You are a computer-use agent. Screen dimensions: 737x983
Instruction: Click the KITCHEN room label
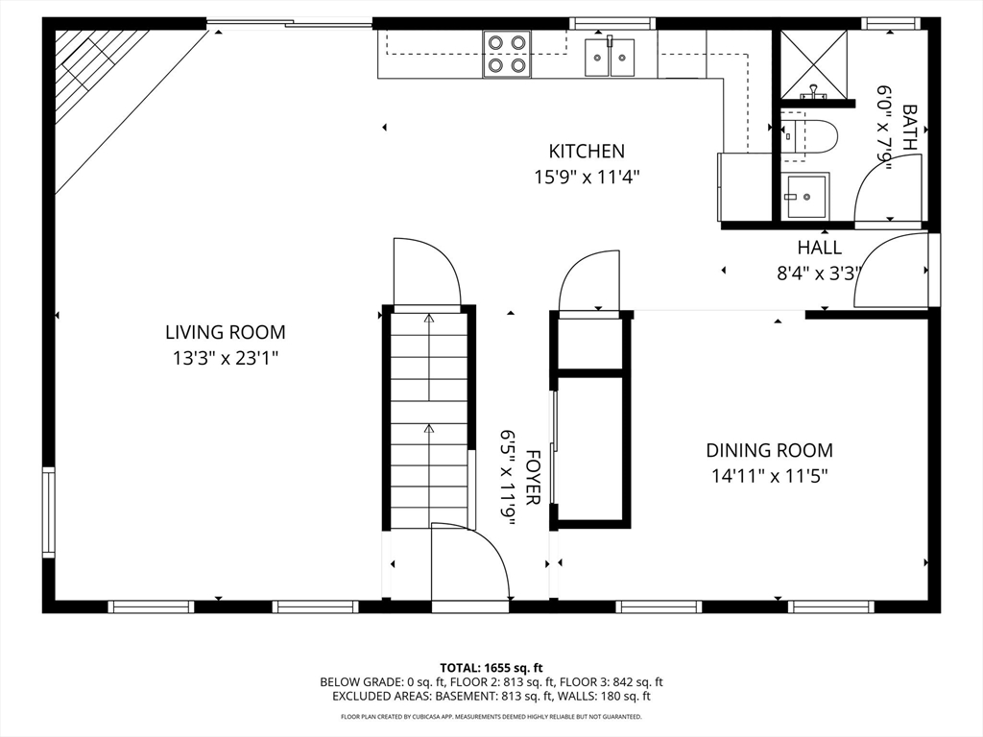point(587,151)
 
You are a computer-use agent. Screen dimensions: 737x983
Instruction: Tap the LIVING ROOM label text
point(226,333)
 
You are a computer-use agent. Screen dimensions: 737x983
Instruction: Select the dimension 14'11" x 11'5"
point(769,475)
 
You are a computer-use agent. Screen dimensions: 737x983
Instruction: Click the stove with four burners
point(507,54)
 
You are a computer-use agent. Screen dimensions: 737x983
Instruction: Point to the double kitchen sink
point(610,57)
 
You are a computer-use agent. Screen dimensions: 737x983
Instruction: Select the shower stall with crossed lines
point(813,63)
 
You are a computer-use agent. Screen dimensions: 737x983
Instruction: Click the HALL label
point(819,248)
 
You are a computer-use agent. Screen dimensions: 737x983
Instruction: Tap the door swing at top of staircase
point(427,273)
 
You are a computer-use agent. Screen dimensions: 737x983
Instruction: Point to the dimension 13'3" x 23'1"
point(226,359)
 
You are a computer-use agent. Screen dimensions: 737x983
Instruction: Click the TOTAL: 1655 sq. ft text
point(491,667)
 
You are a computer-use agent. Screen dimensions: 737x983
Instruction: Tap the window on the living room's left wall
point(48,511)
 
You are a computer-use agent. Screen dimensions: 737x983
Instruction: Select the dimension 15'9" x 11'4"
point(587,177)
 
